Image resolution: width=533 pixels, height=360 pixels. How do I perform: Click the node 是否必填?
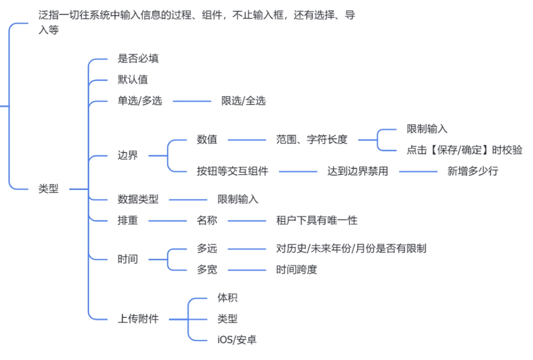tap(138, 59)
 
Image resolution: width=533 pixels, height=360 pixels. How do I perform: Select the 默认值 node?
tap(133, 80)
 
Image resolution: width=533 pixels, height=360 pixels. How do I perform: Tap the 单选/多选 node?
tap(140, 101)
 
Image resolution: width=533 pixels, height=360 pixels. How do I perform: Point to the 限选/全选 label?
tap(243, 101)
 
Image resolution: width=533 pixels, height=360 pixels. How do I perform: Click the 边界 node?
tap(127, 155)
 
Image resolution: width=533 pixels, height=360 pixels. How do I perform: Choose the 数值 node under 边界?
tap(207, 140)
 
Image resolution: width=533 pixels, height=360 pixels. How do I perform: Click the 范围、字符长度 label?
tap(312, 140)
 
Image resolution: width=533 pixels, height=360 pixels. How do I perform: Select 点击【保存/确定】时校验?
tap(464, 150)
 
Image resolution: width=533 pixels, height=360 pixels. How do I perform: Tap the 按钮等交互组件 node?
tap(232, 171)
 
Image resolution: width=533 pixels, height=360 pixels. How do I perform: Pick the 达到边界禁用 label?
tap(358, 171)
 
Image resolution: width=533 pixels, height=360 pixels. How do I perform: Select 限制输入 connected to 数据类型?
tap(238, 199)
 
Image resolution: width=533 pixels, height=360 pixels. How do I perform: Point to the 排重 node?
tap(127, 220)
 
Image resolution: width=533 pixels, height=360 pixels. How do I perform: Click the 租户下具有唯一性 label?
tap(317, 220)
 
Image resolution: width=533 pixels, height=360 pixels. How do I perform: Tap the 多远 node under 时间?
tap(207, 248)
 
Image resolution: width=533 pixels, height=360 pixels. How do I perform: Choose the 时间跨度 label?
tap(296, 270)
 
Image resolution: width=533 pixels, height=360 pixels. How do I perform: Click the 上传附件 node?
tap(138, 319)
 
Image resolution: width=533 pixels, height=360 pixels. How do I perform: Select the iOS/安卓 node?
tap(237, 340)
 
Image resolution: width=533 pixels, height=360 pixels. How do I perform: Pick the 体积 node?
tap(227, 298)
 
